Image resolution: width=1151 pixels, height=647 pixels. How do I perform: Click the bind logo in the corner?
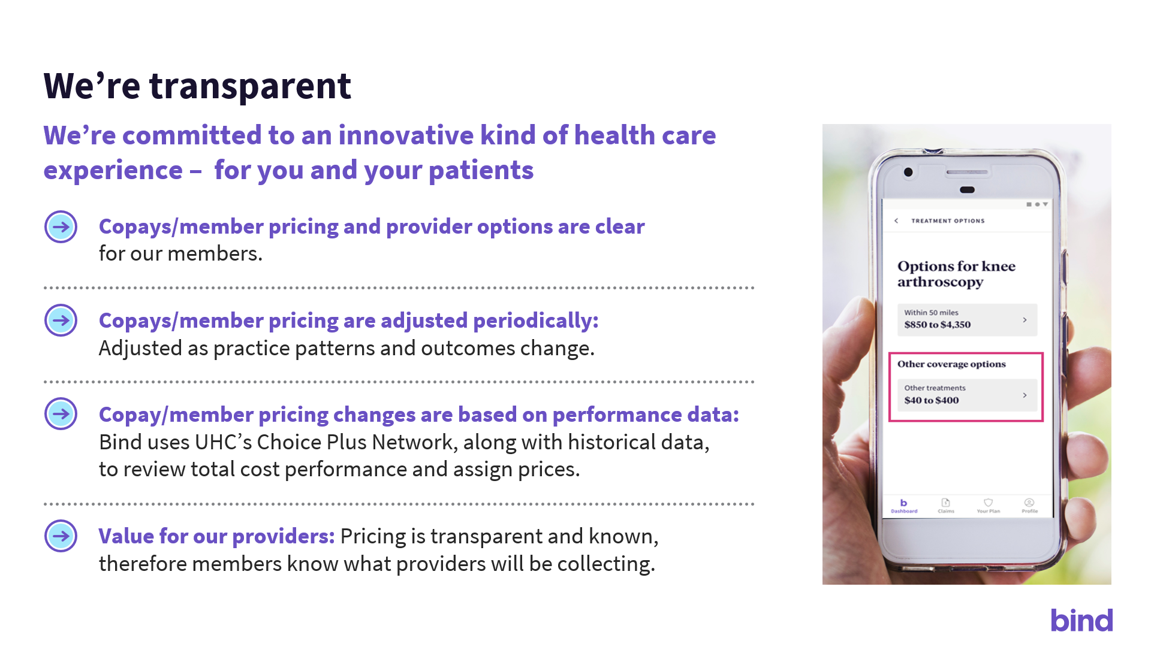1081,620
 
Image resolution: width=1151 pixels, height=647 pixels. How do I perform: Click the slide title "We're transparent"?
197,86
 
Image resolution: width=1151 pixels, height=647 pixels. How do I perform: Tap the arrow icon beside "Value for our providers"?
61,536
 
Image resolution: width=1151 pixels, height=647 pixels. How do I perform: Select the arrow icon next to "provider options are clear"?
61,226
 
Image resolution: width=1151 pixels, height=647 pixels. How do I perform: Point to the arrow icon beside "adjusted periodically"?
61,320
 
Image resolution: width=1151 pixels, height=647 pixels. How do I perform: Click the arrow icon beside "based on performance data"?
61,413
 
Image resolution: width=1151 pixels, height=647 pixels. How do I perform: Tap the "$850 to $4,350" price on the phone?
937,325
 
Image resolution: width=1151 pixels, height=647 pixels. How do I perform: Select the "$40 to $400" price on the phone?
932,400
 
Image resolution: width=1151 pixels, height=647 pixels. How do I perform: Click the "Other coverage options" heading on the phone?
951,364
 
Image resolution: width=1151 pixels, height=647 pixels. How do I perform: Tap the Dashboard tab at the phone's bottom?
904,506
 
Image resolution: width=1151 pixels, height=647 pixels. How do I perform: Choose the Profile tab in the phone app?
1029,506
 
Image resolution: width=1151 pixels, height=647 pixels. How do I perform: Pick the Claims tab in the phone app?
946,506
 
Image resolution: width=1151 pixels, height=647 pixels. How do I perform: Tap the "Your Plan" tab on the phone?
989,506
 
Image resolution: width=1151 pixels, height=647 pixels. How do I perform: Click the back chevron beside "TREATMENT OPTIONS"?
896,220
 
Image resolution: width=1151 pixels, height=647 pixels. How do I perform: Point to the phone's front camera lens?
908,173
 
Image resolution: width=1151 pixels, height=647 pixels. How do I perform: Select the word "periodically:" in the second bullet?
536,321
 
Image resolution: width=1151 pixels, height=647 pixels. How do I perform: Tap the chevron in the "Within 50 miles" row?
1025,320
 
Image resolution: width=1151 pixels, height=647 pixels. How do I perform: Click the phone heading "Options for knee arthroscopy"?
956,274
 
